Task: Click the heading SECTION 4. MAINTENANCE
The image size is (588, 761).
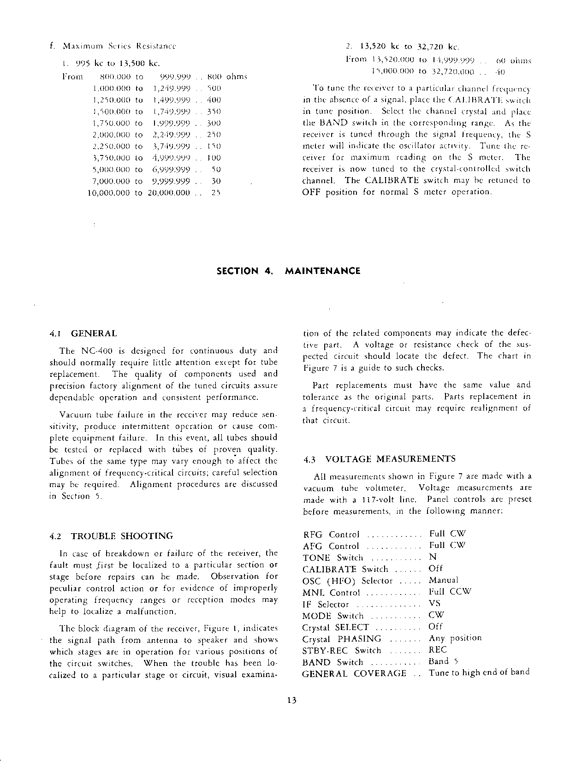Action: click(288, 271)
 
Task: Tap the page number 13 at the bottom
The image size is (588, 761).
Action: click(291, 700)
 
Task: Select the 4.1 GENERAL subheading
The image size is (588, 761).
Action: click(83, 333)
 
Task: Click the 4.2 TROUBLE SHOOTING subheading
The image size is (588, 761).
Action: click(111, 536)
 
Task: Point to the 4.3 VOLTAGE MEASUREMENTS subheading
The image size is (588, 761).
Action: click(380, 459)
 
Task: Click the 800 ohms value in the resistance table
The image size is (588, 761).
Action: click(227, 77)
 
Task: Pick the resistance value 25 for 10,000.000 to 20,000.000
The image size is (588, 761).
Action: click(215, 193)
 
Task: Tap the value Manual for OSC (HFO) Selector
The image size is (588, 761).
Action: click(444, 580)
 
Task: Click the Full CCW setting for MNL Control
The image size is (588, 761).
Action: click(450, 592)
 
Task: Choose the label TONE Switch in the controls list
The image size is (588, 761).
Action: click(333, 558)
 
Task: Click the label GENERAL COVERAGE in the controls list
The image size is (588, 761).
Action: click(354, 673)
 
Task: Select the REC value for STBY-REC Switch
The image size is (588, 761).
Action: click(438, 650)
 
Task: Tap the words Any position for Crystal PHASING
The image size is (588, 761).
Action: click(455, 638)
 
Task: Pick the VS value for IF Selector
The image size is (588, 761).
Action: click(434, 603)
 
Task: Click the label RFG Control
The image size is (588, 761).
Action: click(331, 535)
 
